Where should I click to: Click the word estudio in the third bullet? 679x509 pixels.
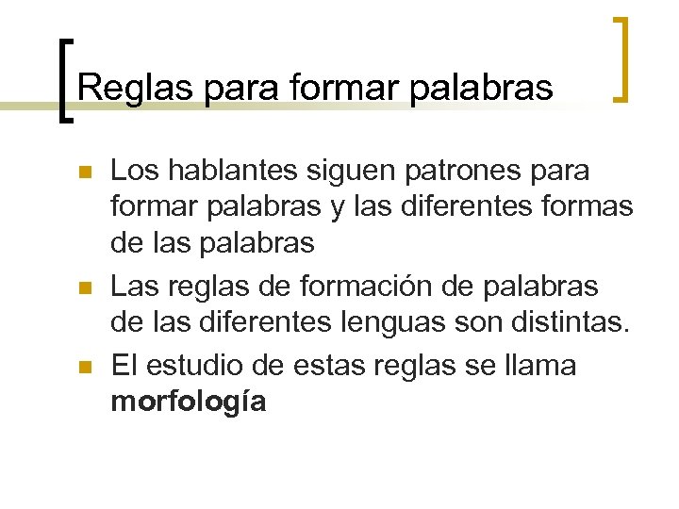coord(203,364)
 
